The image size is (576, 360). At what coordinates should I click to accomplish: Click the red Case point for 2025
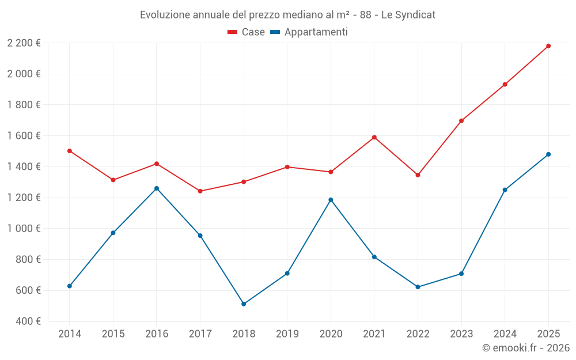click(548, 46)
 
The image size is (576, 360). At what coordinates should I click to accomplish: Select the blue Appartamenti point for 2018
click(244, 304)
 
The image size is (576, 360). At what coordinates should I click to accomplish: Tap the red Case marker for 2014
click(70, 151)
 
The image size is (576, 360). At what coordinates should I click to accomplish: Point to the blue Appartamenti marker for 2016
click(157, 188)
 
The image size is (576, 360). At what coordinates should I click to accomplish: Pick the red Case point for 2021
click(374, 137)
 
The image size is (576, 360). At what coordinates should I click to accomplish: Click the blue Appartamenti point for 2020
click(331, 200)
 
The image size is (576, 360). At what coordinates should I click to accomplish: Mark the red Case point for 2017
click(200, 191)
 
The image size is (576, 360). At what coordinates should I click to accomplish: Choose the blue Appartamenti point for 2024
click(505, 190)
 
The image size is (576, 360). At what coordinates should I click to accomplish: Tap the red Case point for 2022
click(418, 175)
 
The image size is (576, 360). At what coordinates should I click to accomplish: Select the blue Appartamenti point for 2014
click(70, 286)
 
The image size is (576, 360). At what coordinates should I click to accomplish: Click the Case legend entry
click(247, 32)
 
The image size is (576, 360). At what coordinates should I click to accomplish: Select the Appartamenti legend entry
click(309, 32)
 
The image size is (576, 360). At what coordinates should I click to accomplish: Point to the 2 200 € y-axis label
click(24, 43)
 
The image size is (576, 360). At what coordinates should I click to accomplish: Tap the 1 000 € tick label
click(24, 229)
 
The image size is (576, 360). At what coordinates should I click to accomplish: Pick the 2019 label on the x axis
click(287, 334)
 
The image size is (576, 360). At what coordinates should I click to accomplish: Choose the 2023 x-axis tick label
click(461, 334)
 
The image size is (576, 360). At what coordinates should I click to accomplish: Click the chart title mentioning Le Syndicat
click(287, 14)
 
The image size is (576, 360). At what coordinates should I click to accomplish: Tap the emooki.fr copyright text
click(525, 348)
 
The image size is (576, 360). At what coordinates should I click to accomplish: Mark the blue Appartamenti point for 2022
click(418, 287)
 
